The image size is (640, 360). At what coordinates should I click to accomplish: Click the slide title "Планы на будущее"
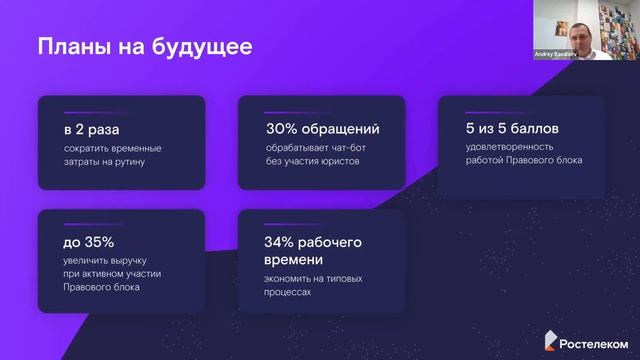(x=144, y=47)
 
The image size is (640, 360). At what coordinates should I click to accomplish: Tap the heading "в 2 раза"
(x=92, y=129)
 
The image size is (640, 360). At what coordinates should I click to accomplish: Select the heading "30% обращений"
(x=322, y=129)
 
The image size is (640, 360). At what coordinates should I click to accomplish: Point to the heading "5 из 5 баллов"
(x=505, y=129)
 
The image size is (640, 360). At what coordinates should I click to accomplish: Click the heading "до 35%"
(x=88, y=243)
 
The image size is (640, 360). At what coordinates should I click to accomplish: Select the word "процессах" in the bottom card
(x=289, y=293)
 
